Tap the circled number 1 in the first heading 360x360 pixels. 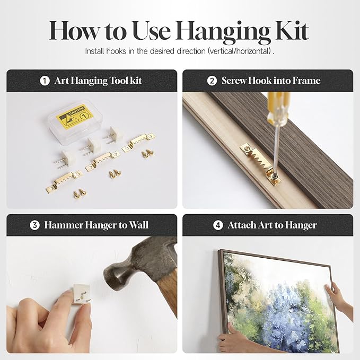click(45, 81)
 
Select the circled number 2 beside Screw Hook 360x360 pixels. click(212, 81)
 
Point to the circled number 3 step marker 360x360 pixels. click(34, 225)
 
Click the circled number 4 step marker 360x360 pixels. click(218, 225)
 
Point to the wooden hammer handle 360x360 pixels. click(168, 292)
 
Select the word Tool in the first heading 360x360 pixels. click(118, 81)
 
